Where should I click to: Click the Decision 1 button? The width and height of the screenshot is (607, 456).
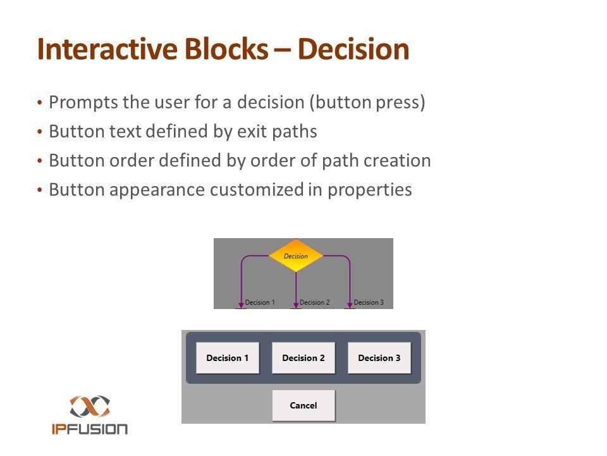[x=228, y=358]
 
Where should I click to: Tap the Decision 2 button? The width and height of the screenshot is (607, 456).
[x=303, y=358]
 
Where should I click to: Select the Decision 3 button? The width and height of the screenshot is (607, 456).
[x=379, y=358]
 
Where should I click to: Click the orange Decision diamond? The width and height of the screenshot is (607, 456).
[x=296, y=256]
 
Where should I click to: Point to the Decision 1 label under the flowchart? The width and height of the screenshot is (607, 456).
[x=260, y=303]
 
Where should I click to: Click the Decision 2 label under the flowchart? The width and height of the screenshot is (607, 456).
[x=314, y=303]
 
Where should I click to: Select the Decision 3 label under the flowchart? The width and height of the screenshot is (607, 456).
[x=369, y=303]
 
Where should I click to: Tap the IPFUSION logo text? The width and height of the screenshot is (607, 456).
[x=89, y=429]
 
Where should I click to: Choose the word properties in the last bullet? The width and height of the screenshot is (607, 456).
[x=370, y=190]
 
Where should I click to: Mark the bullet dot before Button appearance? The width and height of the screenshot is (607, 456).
[x=40, y=190]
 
